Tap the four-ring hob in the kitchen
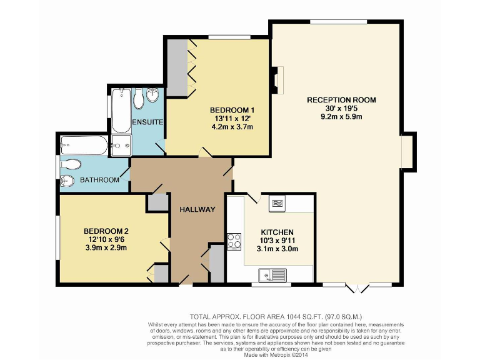click(x=234, y=241)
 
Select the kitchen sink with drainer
click(x=272, y=274)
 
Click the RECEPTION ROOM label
click(x=341, y=99)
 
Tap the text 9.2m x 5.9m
click(x=341, y=116)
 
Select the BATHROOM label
click(x=99, y=180)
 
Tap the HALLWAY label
click(x=197, y=209)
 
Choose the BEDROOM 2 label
click(x=106, y=231)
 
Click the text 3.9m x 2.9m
click(x=106, y=247)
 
